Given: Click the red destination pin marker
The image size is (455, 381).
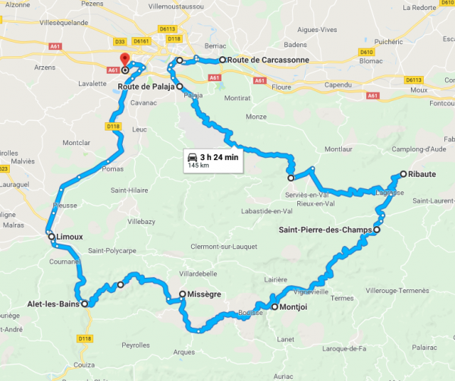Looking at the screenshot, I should [x=124, y=60].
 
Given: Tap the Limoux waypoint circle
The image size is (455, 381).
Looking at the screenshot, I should [x=52, y=237].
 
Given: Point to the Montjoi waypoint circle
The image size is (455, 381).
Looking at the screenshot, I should [x=275, y=307].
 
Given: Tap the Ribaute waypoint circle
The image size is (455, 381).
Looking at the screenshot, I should [x=403, y=174].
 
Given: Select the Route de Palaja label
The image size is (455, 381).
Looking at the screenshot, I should [x=146, y=87].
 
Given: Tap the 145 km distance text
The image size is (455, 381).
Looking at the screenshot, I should [x=199, y=165].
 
